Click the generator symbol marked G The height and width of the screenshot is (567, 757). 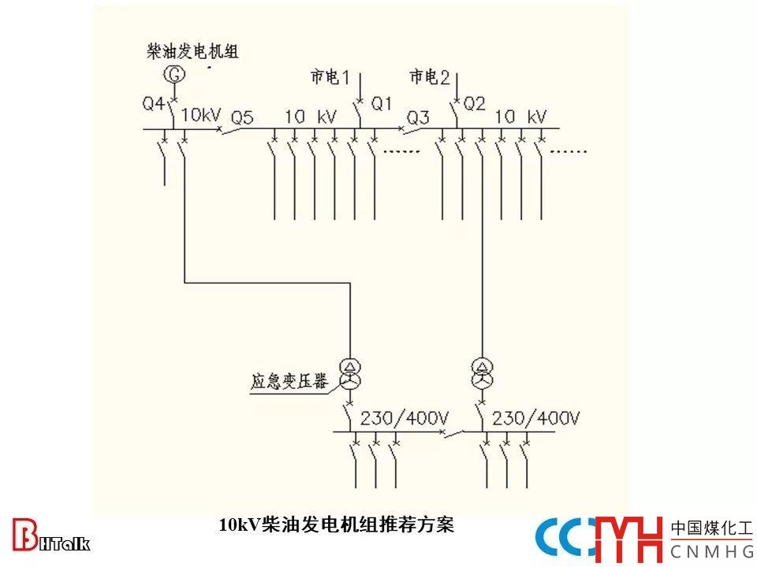pyautogui.click(x=174, y=75)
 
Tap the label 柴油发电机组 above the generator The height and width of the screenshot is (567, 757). pyautogui.click(x=192, y=52)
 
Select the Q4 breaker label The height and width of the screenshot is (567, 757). pyautogui.click(x=154, y=103)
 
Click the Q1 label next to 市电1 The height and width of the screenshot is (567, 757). pyautogui.click(x=382, y=102)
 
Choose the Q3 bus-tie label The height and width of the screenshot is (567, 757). pyautogui.click(x=418, y=118)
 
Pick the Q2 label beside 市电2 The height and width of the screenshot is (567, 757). pyautogui.click(x=475, y=102)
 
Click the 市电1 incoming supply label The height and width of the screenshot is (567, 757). pyautogui.click(x=330, y=77)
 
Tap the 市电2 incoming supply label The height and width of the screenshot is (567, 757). pyautogui.click(x=429, y=77)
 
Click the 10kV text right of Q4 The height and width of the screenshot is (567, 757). pyautogui.click(x=200, y=115)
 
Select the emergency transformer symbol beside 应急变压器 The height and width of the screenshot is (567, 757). pyautogui.click(x=349, y=373)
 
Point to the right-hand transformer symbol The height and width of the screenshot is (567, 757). pyautogui.click(x=481, y=373)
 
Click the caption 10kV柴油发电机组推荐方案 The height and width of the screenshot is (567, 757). pyautogui.click(x=337, y=524)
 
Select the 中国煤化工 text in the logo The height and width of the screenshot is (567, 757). pyautogui.click(x=711, y=528)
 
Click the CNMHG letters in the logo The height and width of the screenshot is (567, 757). pyautogui.click(x=711, y=550)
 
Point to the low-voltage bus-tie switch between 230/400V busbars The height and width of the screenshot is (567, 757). pyautogui.click(x=452, y=432)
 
